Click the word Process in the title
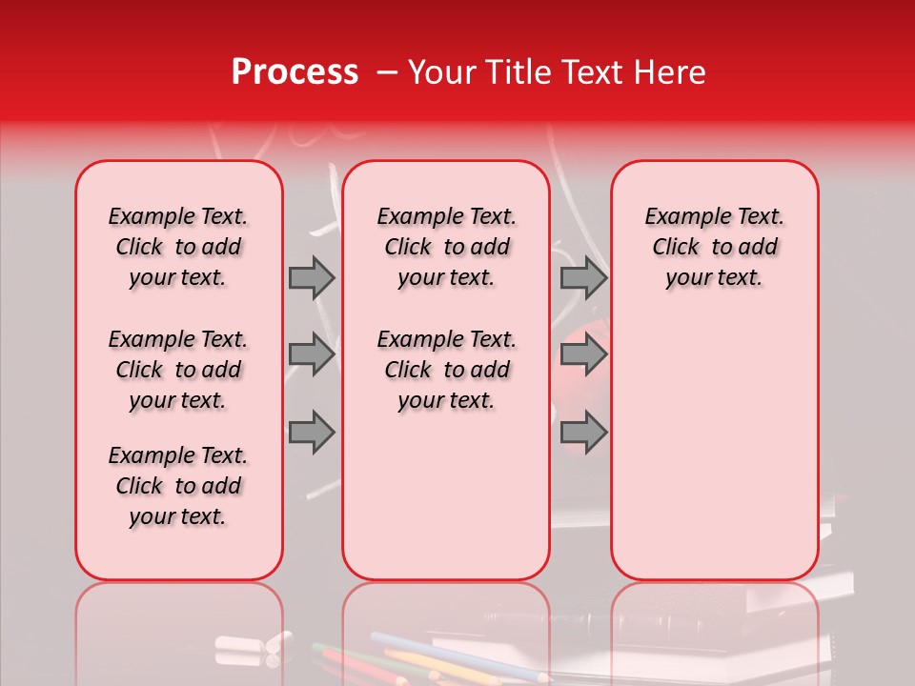click(294, 72)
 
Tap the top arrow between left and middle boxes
click(312, 277)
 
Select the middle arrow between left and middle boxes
click(312, 354)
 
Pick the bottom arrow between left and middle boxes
click(312, 432)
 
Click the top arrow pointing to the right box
click(583, 277)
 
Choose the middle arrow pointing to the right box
click(583, 354)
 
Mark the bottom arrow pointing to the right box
click(583, 432)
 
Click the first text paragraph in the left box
click(178, 247)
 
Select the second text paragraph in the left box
click(178, 370)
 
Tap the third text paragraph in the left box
click(178, 486)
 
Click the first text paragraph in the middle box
click(446, 247)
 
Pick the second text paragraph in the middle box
click(446, 370)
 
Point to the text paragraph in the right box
click(714, 247)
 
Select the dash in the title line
click(387, 73)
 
